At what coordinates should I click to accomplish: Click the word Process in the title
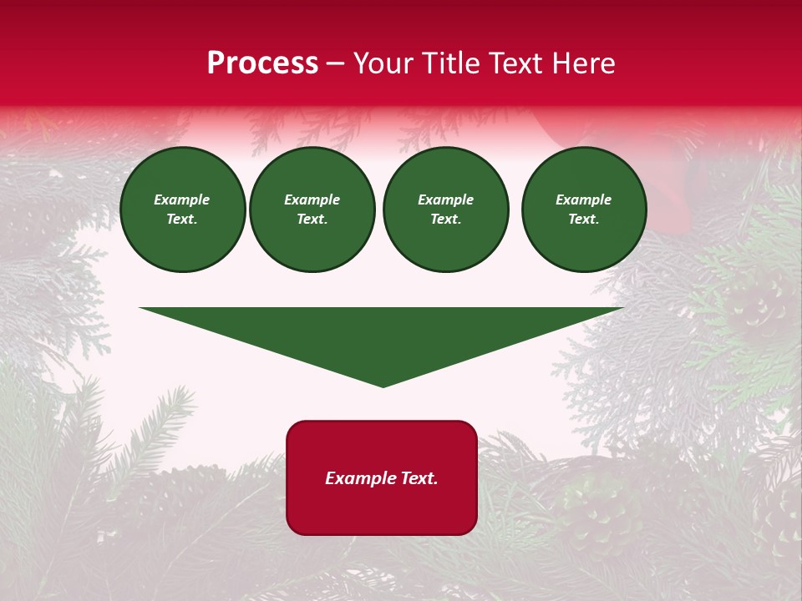point(262,63)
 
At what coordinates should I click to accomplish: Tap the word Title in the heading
point(453,63)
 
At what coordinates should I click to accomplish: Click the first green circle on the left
point(182,210)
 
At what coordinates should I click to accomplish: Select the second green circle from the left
point(312,210)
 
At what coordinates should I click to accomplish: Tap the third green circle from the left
point(445,210)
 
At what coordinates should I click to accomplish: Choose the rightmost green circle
point(583,210)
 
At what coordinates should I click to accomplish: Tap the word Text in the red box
point(417,478)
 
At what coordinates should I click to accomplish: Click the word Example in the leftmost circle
point(182,199)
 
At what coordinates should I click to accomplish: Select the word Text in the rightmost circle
point(583,220)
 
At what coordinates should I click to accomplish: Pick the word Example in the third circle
point(445,199)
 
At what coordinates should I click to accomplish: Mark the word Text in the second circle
point(312,220)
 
